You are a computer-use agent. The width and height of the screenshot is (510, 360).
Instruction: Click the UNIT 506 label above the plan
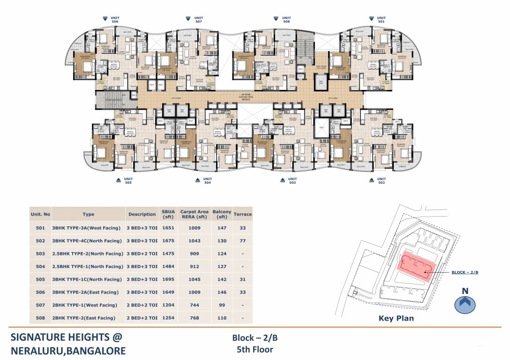coord(115,20)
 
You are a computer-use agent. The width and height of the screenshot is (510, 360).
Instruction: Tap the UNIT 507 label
coord(198,20)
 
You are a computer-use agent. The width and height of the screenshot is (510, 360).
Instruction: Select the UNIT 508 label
coord(286,20)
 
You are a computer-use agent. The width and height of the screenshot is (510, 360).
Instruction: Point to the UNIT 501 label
coord(381,20)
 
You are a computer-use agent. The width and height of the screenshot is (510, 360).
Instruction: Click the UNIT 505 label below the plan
coord(128,180)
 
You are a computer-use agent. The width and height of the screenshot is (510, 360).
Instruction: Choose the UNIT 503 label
coord(292,180)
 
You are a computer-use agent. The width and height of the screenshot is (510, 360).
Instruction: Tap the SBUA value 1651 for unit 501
coord(168,228)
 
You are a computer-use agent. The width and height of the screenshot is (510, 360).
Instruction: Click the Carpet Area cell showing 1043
coord(194,241)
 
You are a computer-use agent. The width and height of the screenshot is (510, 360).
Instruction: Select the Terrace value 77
coord(242,241)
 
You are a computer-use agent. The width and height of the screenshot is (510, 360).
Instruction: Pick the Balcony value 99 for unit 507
coord(222,305)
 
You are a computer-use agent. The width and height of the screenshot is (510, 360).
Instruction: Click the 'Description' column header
coord(142,214)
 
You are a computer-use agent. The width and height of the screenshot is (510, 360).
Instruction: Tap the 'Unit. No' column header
coord(40,214)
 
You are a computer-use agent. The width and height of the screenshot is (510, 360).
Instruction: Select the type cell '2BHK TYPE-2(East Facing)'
coord(83,318)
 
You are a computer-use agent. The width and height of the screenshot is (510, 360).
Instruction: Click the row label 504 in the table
coord(40,267)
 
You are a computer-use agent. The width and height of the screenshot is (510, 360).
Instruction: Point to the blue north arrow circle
coord(465,304)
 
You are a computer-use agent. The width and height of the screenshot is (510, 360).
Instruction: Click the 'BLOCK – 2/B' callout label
coord(465,272)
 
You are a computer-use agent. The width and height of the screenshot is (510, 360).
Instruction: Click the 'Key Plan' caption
coord(396,318)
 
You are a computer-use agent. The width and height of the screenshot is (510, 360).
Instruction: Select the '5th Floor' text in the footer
coord(255,349)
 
